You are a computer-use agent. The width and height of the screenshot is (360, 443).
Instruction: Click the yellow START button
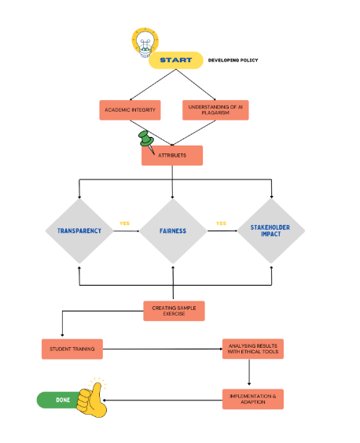click(176, 60)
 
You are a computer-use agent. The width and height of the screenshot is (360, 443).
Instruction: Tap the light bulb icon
click(145, 42)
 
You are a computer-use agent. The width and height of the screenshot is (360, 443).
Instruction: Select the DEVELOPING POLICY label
click(233, 60)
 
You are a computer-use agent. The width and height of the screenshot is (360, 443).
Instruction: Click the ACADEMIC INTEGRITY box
click(130, 110)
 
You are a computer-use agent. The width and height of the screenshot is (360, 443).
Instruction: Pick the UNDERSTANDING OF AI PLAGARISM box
click(215, 110)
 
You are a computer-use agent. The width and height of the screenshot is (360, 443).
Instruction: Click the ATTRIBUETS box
click(172, 155)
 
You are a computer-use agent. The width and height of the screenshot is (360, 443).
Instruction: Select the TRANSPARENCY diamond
click(79, 231)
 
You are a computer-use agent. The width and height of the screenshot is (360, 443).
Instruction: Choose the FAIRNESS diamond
click(173, 231)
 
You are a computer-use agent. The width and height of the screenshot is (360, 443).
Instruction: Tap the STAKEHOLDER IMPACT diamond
click(271, 231)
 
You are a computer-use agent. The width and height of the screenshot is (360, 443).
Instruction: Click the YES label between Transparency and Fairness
click(124, 223)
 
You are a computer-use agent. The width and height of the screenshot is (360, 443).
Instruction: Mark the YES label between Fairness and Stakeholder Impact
click(221, 223)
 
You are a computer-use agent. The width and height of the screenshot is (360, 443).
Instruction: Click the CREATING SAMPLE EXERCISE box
click(174, 311)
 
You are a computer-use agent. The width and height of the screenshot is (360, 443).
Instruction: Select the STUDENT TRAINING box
click(72, 349)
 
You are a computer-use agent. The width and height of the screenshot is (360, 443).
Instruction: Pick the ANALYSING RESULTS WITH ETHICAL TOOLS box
click(253, 349)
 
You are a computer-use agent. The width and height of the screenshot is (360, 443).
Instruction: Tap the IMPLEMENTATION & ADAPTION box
click(253, 399)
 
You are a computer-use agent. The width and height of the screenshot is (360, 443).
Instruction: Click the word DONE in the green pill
click(63, 400)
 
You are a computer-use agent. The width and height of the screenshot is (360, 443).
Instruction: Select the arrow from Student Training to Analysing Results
click(163, 349)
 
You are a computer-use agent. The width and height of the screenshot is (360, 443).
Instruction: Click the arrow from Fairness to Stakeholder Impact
click(222, 231)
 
